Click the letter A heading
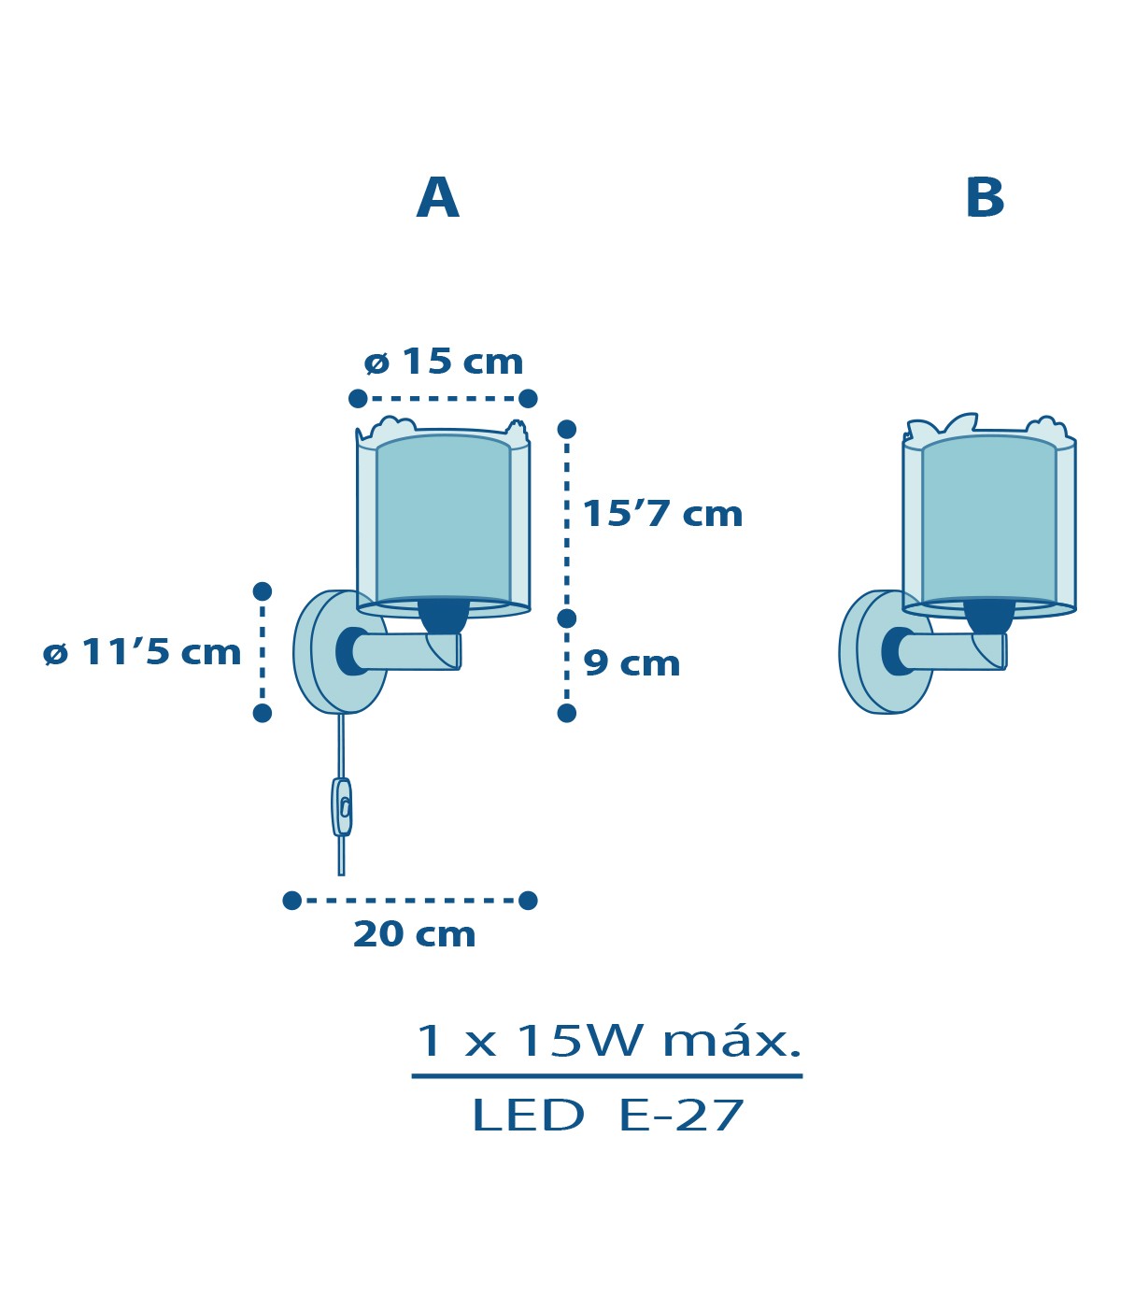point(437,197)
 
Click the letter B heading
point(985,197)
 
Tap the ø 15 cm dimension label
point(444,362)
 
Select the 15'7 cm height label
point(661,513)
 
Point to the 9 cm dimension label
point(631,663)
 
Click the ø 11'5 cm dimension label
point(142,652)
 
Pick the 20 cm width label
point(415,934)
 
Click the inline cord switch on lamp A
point(342,807)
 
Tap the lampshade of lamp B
point(988,516)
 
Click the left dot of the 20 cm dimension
point(291,901)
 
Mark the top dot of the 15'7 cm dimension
point(567,430)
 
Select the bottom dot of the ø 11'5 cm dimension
point(262,713)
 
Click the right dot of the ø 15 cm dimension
point(528,399)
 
